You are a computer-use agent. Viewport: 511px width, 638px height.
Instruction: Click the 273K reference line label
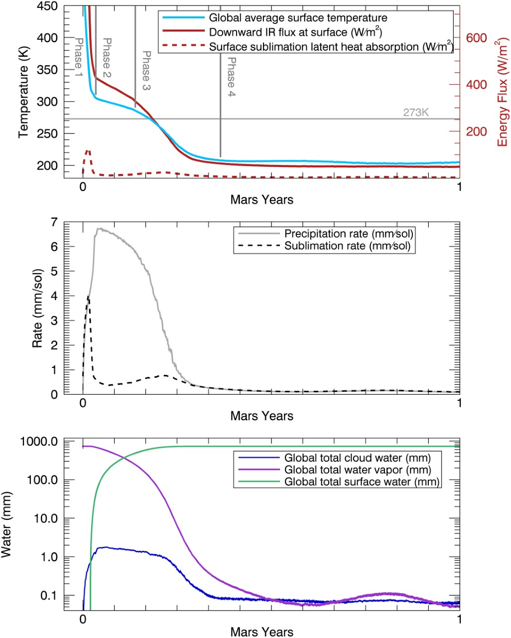click(416, 113)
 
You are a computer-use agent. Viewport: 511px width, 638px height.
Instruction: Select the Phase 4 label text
click(231, 77)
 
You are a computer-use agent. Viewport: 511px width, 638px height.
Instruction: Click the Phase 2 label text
click(106, 58)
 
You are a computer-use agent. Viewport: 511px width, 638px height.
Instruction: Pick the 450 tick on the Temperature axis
click(47, 6)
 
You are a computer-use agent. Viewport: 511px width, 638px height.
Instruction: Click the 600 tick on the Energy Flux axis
click(476, 38)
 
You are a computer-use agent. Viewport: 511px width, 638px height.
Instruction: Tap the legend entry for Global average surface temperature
click(298, 18)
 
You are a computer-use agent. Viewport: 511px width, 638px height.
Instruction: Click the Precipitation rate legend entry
click(348, 234)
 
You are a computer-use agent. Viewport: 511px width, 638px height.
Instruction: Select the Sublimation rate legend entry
click(347, 246)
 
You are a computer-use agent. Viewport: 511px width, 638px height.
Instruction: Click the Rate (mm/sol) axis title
click(37, 309)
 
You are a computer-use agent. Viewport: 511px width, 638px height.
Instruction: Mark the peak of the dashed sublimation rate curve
click(88, 296)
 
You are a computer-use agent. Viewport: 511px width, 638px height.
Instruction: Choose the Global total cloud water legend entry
click(357, 458)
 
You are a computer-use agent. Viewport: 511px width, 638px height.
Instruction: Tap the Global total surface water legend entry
click(362, 481)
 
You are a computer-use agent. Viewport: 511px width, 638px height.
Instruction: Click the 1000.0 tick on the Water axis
click(37, 442)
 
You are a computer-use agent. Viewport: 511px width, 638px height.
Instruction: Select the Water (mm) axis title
click(7, 524)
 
